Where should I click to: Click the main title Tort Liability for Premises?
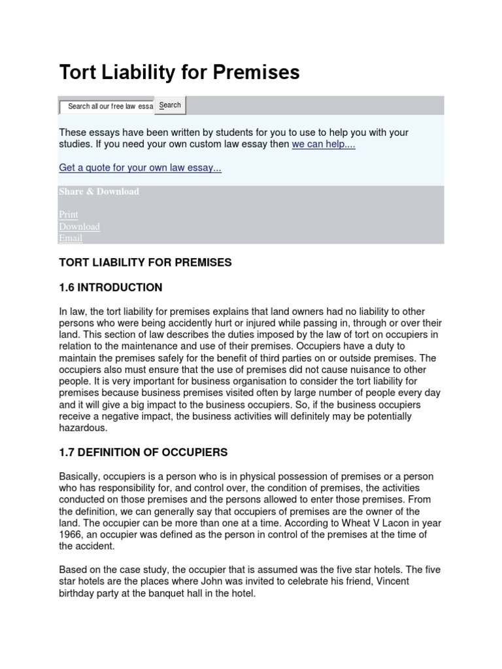click(179, 73)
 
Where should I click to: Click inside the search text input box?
click(107, 106)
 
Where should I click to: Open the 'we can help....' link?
click(323, 144)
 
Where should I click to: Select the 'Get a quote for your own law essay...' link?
click(140, 168)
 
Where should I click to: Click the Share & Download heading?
click(99, 191)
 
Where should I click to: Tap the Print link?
click(69, 214)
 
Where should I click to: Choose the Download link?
click(79, 226)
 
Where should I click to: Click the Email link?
click(71, 238)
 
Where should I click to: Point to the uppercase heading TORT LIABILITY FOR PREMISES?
click(145, 262)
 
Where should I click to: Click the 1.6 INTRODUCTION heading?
click(110, 287)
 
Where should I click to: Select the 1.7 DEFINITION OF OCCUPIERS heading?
click(143, 452)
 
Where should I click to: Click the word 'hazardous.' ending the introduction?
click(82, 429)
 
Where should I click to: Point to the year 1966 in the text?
click(70, 535)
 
